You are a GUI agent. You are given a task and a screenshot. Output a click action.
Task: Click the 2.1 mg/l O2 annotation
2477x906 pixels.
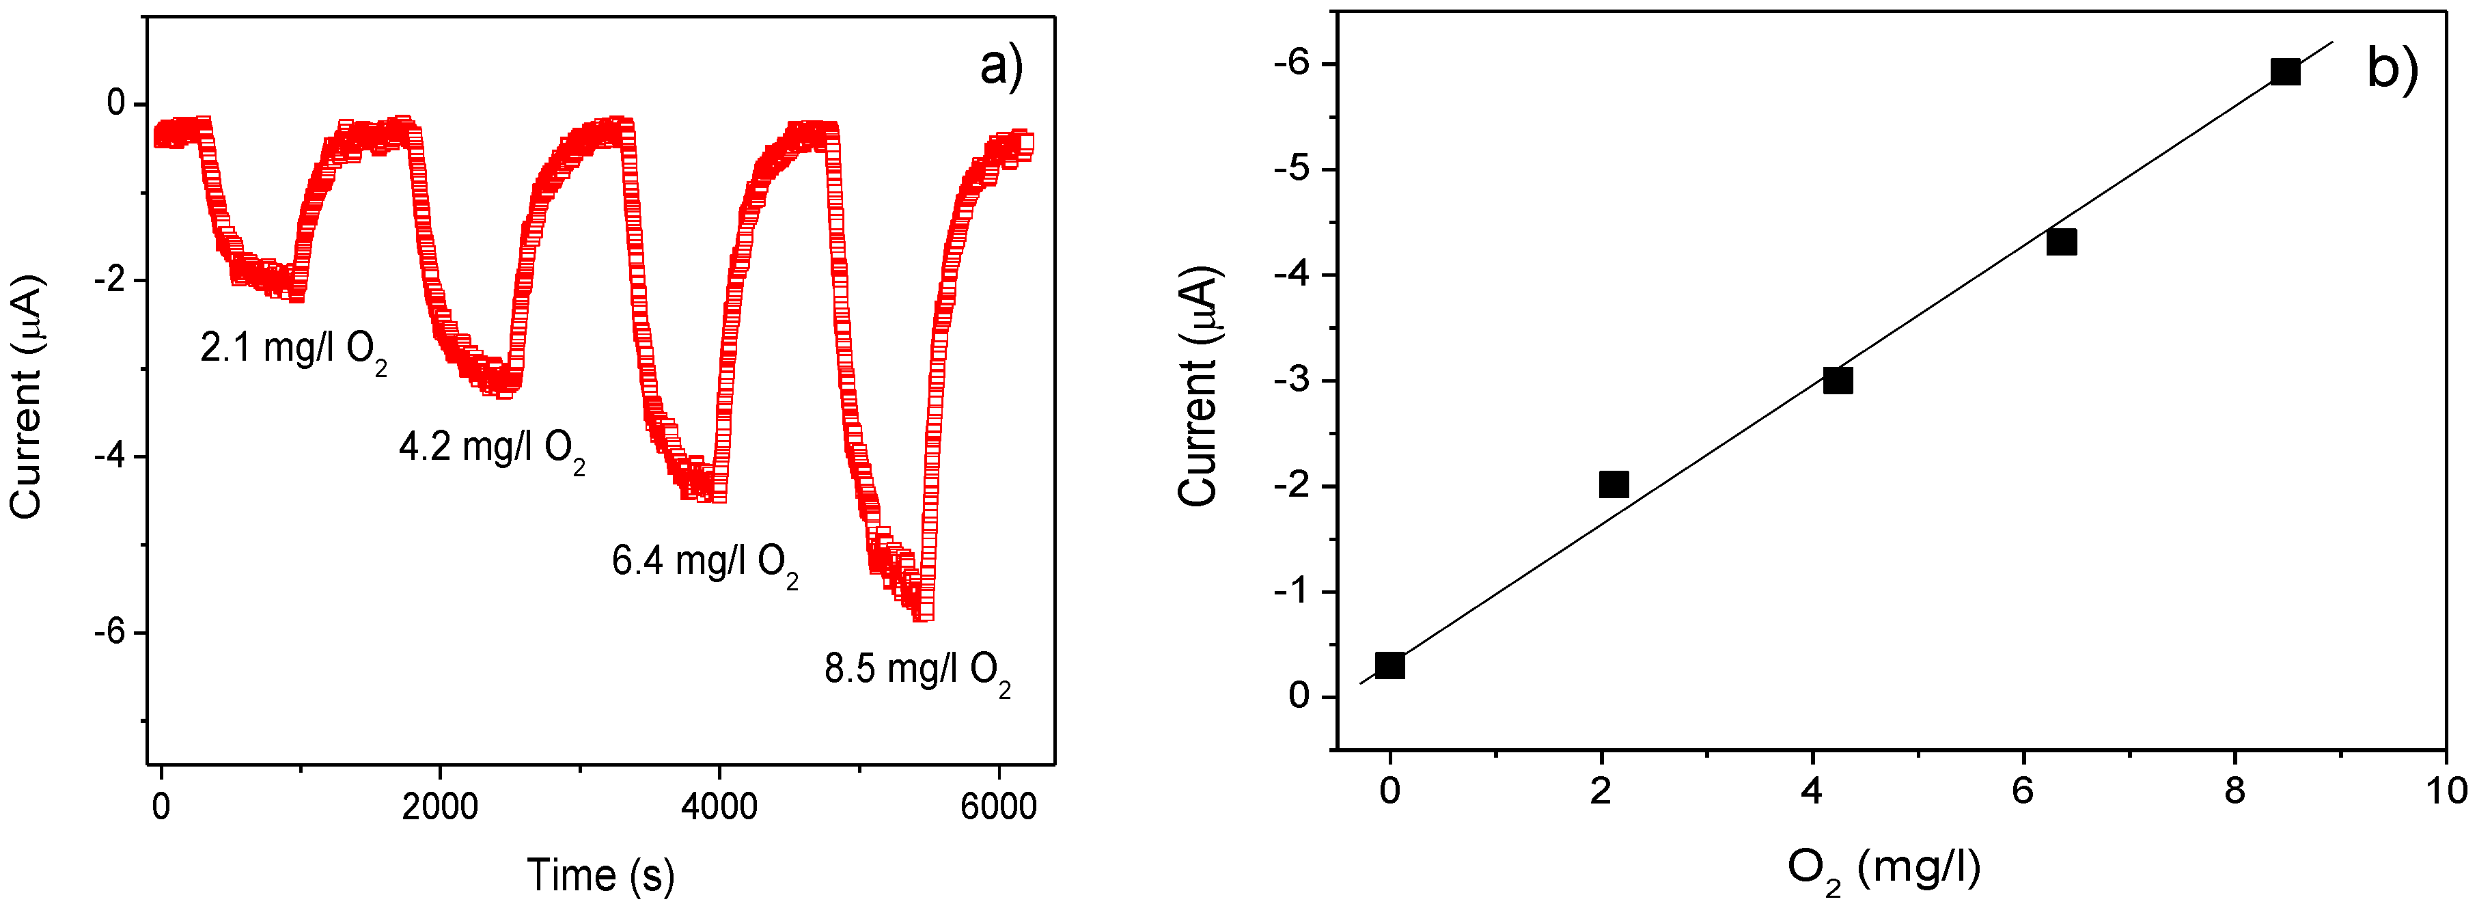tap(293, 348)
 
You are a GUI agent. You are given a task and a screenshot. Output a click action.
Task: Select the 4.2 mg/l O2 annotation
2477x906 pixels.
tap(491, 448)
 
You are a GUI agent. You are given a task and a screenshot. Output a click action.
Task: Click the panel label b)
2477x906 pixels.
tap(2392, 69)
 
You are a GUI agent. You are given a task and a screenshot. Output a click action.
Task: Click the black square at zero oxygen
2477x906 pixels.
tap(1389, 665)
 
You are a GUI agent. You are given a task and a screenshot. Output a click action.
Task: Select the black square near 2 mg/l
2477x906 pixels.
tap(1614, 484)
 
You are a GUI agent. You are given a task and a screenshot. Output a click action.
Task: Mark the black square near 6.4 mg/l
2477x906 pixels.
tap(2062, 241)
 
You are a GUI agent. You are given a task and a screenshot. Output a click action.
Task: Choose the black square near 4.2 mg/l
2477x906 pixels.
tap(1838, 380)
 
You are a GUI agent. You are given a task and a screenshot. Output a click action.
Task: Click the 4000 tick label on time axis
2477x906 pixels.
tap(718, 806)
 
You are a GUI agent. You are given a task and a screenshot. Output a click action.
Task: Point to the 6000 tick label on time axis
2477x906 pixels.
tap(998, 806)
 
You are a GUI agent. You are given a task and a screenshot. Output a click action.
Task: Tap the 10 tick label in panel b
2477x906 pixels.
tap(2446, 791)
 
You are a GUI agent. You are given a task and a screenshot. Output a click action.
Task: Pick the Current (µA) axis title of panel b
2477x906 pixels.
tap(1199, 385)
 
